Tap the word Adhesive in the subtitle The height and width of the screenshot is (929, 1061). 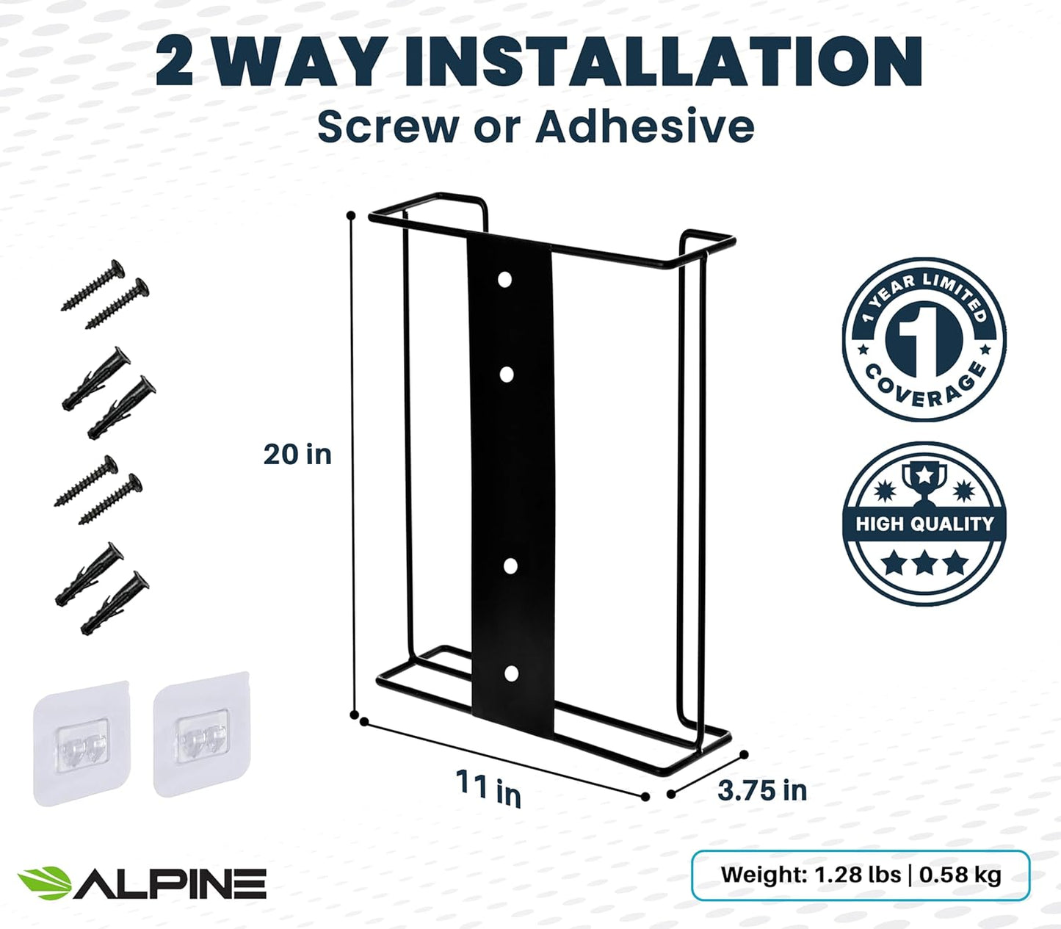point(645,126)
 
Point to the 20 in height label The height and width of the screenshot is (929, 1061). point(297,455)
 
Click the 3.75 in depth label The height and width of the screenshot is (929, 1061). point(761,790)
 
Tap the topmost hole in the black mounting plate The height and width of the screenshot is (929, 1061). point(504,280)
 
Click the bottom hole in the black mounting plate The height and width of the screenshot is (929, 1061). point(511,673)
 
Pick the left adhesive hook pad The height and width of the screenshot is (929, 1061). point(82,742)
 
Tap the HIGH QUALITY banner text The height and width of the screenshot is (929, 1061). point(924,524)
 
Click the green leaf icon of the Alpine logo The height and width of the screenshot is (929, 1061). point(44,882)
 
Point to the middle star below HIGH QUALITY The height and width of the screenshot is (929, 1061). point(924,564)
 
